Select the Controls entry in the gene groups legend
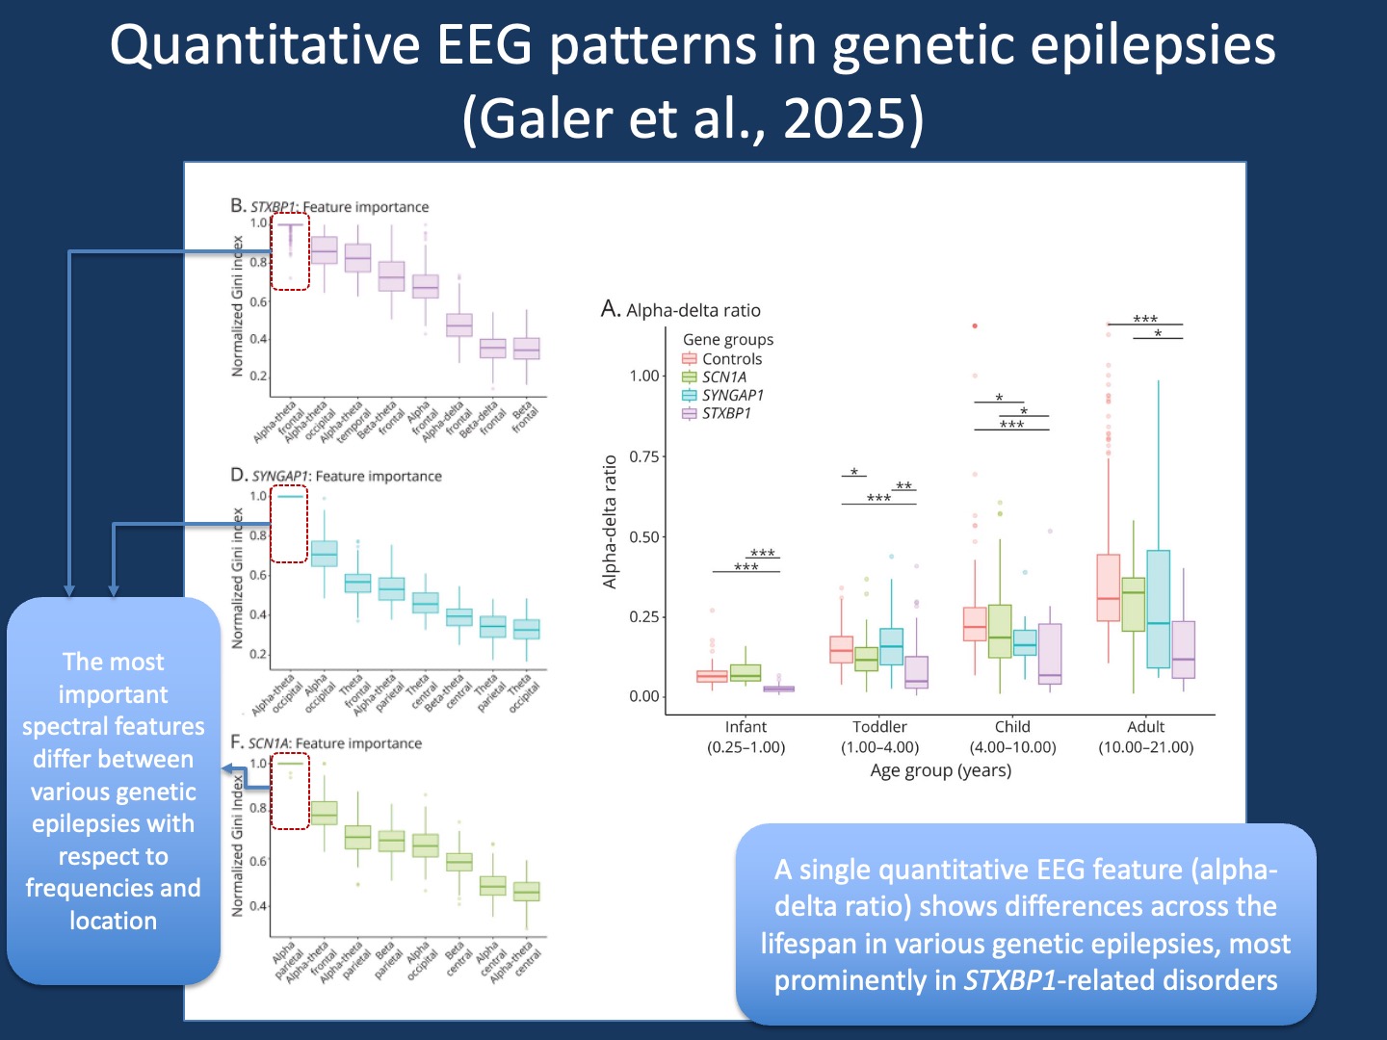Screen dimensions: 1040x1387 point(731,359)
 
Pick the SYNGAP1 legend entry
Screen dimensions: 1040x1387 point(732,396)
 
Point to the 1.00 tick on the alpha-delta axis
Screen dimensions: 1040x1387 point(644,376)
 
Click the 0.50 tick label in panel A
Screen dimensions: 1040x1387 point(644,536)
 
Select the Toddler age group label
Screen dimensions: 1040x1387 point(879,727)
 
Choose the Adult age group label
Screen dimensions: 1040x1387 point(1145,727)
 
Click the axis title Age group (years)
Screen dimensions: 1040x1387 point(940,770)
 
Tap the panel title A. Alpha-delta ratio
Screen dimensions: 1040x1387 point(681,310)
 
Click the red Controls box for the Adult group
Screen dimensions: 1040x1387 point(1109,587)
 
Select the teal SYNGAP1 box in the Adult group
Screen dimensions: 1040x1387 point(1159,609)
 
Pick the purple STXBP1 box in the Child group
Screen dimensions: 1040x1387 point(1050,654)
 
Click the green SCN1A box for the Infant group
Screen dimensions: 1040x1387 point(746,672)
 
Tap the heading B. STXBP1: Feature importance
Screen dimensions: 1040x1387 point(329,207)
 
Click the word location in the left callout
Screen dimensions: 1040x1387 point(113,922)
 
